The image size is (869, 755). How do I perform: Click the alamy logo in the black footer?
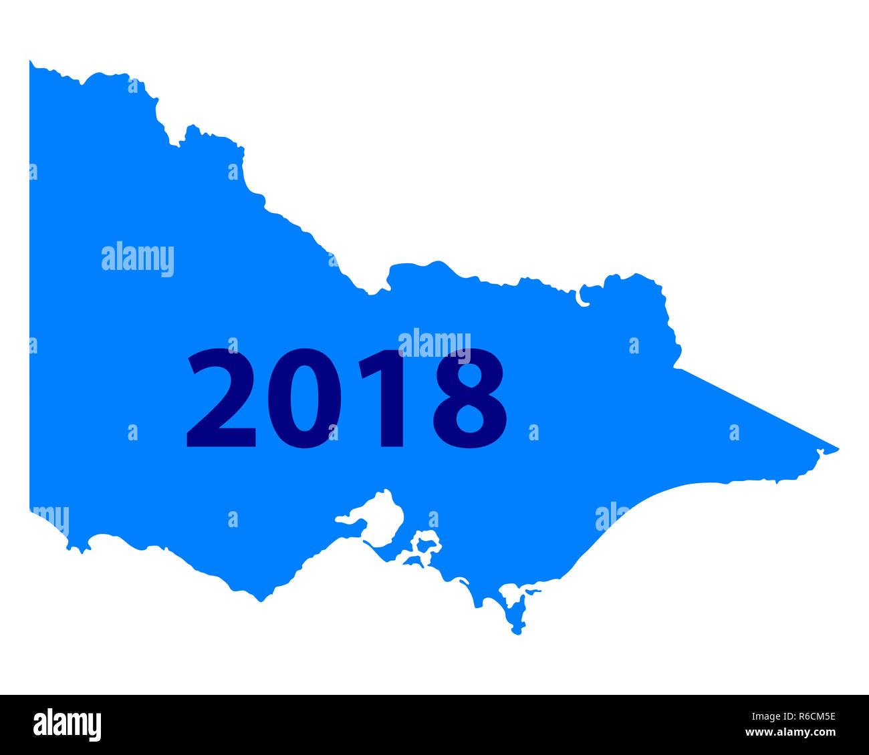coord(68,725)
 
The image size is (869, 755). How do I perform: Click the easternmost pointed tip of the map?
coord(837,449)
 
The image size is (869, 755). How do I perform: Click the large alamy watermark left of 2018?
coord(138,259)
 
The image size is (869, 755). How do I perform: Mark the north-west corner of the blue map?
coord(31,62)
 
